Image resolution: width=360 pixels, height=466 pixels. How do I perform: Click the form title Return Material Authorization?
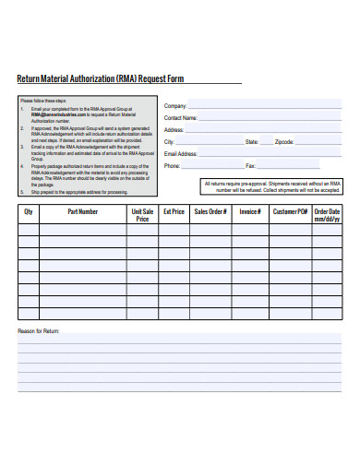tap(101, 79)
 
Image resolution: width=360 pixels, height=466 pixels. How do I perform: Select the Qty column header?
tap(29, 211)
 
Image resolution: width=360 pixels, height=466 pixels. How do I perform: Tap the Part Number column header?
tap(82, 211)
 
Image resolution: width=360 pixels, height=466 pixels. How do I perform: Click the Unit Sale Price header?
tap(142, 215)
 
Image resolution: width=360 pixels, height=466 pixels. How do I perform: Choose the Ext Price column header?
tap(174, 211)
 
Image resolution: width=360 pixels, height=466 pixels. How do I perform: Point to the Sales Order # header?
tap(210, 211)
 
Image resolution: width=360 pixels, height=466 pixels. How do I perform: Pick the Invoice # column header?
tap(250, 211)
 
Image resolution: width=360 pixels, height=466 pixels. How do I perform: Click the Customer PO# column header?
tap(289, 211)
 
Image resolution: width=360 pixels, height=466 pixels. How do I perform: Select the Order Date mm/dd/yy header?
tap(327, 215)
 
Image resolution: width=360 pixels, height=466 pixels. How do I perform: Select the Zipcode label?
tap(284, 142)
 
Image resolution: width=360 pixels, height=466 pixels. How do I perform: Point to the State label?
tap(251, 142)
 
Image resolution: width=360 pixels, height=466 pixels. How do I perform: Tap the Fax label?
tap(249, 166)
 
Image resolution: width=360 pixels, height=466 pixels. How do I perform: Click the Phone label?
tap(172, 166)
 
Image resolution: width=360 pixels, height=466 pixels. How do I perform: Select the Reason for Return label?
tap(39, 329)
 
